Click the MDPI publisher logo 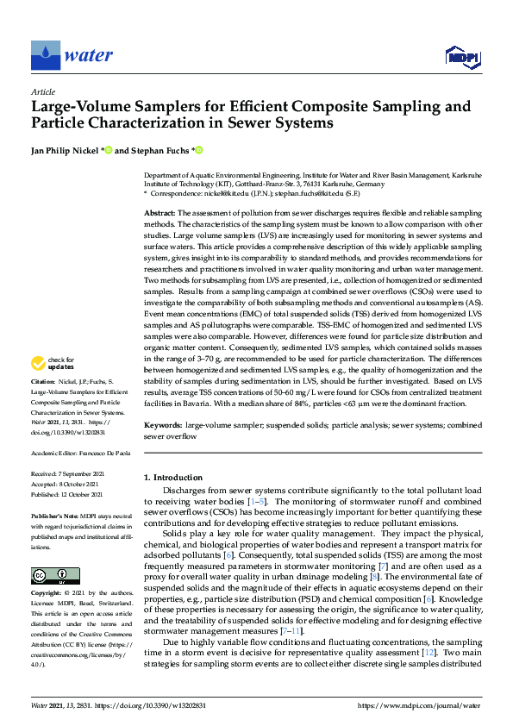click(462, 57)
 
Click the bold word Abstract click(160, 212)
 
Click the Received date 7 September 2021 click(69, 474)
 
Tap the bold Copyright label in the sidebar click(46, 570)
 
